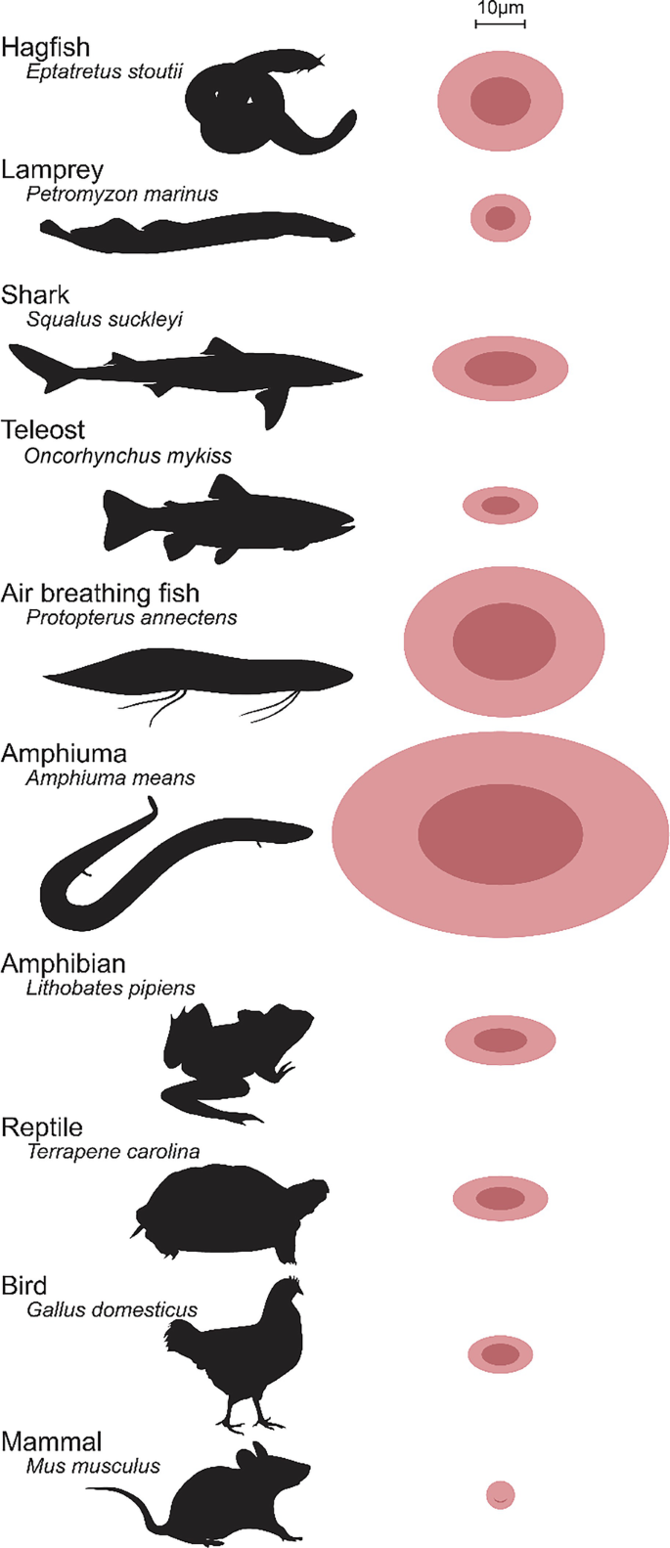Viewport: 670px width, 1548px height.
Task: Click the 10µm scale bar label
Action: (x=500, y=10)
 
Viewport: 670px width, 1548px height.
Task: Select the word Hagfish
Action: (x=46, y=47)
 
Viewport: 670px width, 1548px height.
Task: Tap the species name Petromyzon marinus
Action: (x=122, y=194)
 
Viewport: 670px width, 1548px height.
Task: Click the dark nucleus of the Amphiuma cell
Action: (x=500, y=834)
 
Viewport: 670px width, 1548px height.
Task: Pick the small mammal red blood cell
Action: (x=500, y=1494)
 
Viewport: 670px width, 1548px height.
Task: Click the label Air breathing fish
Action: (x=100, y=593)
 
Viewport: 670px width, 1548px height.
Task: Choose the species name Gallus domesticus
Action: (x=112, y=1309)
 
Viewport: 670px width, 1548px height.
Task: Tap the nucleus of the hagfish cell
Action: (x=500, y=100)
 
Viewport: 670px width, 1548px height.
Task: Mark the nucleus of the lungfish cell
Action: (x=504, y=641)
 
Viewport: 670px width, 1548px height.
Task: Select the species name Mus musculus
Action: (x=94, y=1466)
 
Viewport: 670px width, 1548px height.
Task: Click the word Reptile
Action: (x=42, y=1128)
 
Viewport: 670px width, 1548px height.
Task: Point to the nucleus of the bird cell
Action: (x=500, y=1354)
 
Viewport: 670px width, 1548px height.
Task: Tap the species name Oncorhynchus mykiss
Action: (x=129, y=456)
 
